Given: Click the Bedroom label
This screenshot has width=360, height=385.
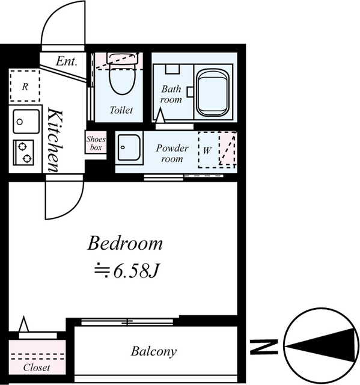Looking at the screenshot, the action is (125, 243).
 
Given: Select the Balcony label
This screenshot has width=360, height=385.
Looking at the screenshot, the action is (153, 351).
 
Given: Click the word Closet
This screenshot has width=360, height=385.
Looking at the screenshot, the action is (37, 368).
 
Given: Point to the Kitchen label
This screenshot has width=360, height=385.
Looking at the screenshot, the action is (55, 140).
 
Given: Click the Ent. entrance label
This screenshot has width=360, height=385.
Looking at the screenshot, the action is (67, 61).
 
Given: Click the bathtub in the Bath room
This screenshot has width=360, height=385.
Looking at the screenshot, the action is (213, 92).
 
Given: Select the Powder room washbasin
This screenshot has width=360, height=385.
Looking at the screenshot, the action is (129, 147).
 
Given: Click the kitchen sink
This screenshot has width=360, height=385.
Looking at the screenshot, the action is (26, 122).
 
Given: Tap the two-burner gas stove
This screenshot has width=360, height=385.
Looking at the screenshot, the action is (23, 152).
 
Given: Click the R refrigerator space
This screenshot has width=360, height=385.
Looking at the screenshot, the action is (25, 86).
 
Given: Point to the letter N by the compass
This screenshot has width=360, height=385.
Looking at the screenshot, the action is (264, 347).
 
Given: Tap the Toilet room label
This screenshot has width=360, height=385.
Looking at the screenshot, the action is (121, 110).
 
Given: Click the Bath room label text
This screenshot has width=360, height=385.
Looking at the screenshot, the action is (171, 94).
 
